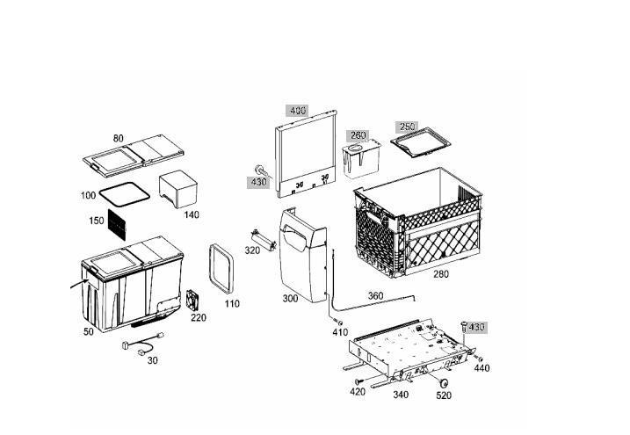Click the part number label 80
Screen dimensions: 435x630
click(x=119, y=138)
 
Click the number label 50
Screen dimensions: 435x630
click(x=89, y=331)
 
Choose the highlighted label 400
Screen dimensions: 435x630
click(x=297, y=112)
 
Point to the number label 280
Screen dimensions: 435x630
click(x=440, y=274)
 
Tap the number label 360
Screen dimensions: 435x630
click(x=375, y=295)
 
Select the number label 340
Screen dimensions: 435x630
click(x=401, y=395)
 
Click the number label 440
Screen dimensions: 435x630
click(x=482, y=368)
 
